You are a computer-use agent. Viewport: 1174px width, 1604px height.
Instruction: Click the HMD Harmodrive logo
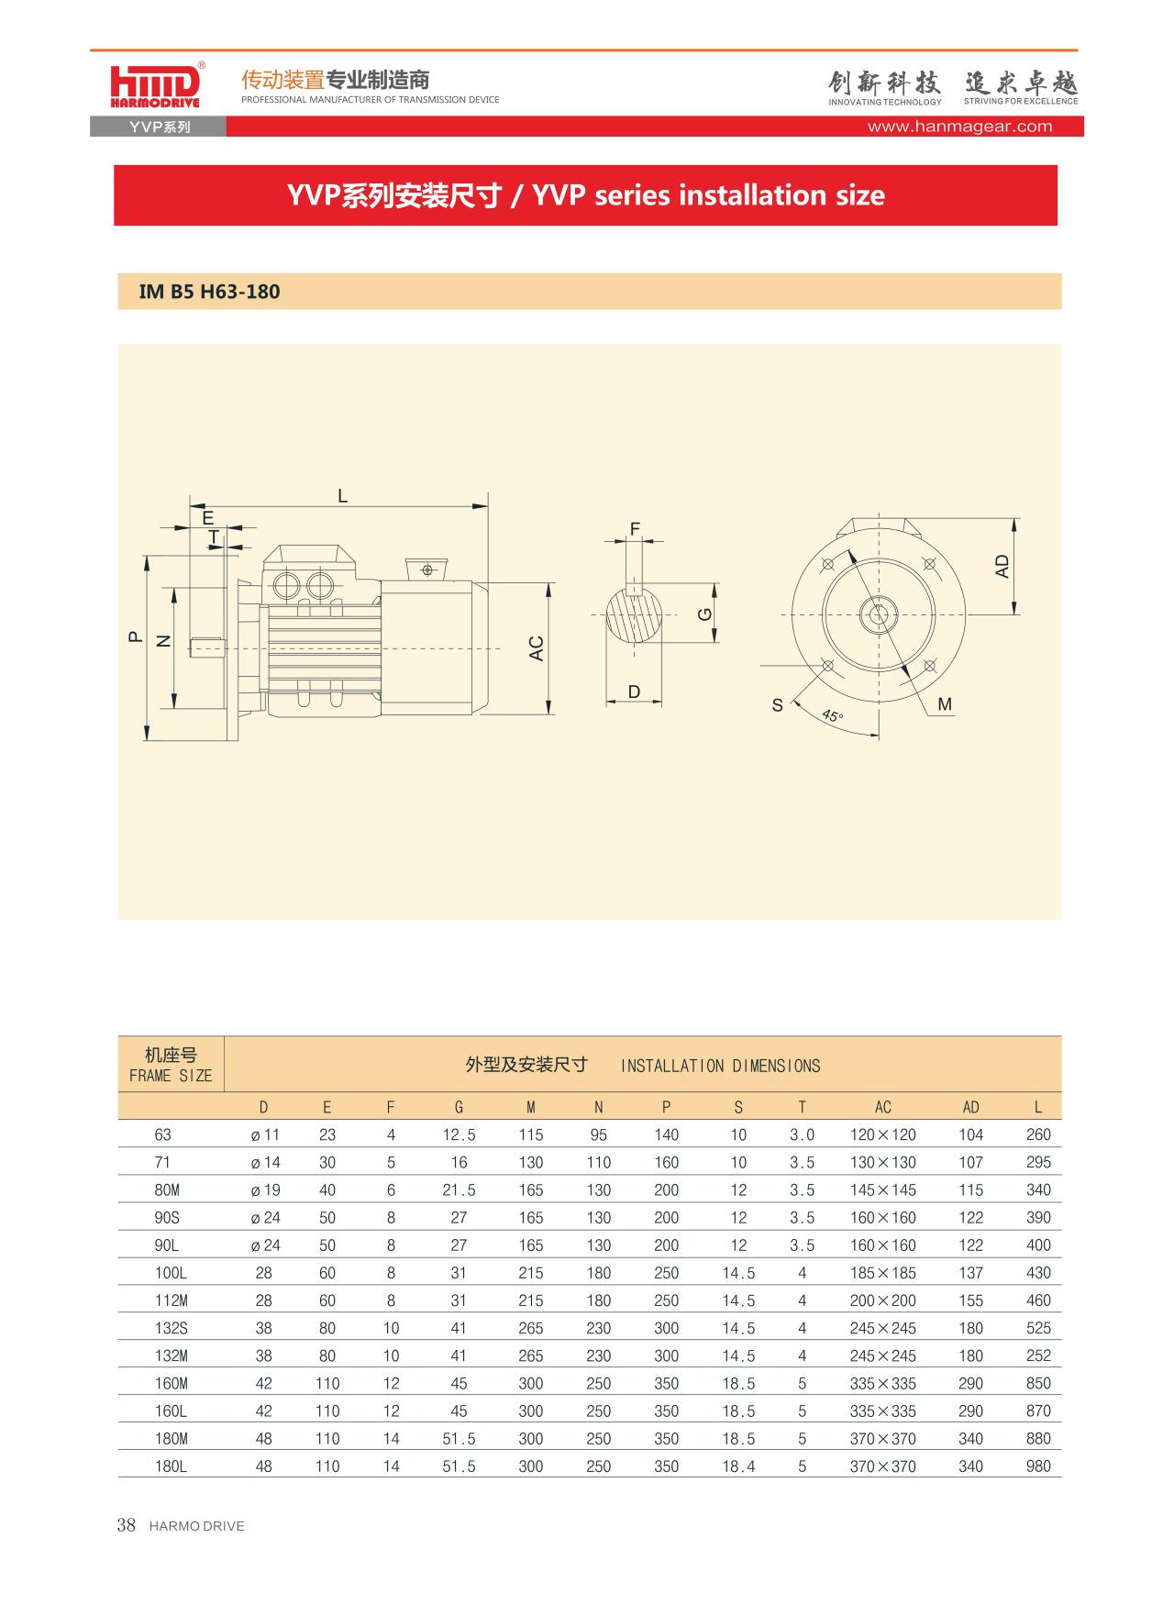pyautogui.click(x=156, y=86)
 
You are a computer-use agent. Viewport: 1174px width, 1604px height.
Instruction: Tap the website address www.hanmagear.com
pyautogui.click(x=959, y=127)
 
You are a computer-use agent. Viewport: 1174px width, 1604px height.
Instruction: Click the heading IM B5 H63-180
pyautogui.click(x=209, y=292)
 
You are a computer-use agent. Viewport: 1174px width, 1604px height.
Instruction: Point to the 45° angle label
pyautogui.click(x=832, y=715)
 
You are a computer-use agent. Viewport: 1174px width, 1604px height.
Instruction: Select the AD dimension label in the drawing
pyautogui.click(x=1002, y=566)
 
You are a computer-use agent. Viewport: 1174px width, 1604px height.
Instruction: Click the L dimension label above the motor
pyautogui.click(x=342, y=496)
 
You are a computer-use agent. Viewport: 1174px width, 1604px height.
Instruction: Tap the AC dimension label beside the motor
pyautogui.click(x=537, y=648)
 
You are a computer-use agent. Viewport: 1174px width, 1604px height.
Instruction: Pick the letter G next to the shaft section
pyautogui.click(x=704, y=614)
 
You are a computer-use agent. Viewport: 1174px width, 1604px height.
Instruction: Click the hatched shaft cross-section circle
pyautogui.click(x=634, y=614)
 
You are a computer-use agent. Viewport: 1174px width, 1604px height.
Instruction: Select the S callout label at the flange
pyautogui.click(x=778, y=705)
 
